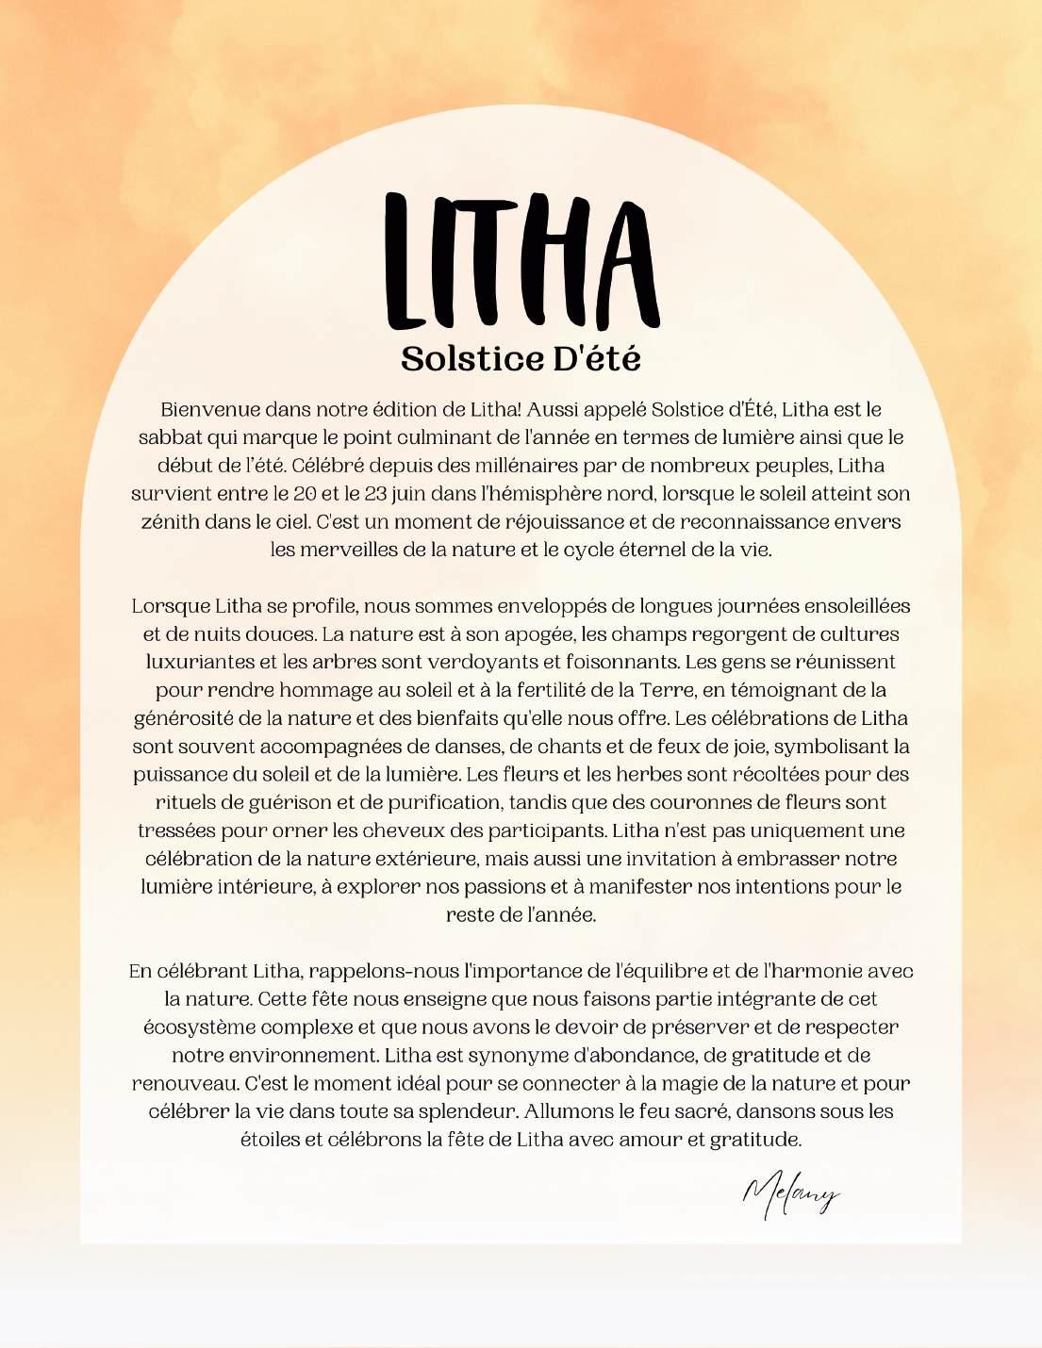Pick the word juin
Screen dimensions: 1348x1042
[415, 494]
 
